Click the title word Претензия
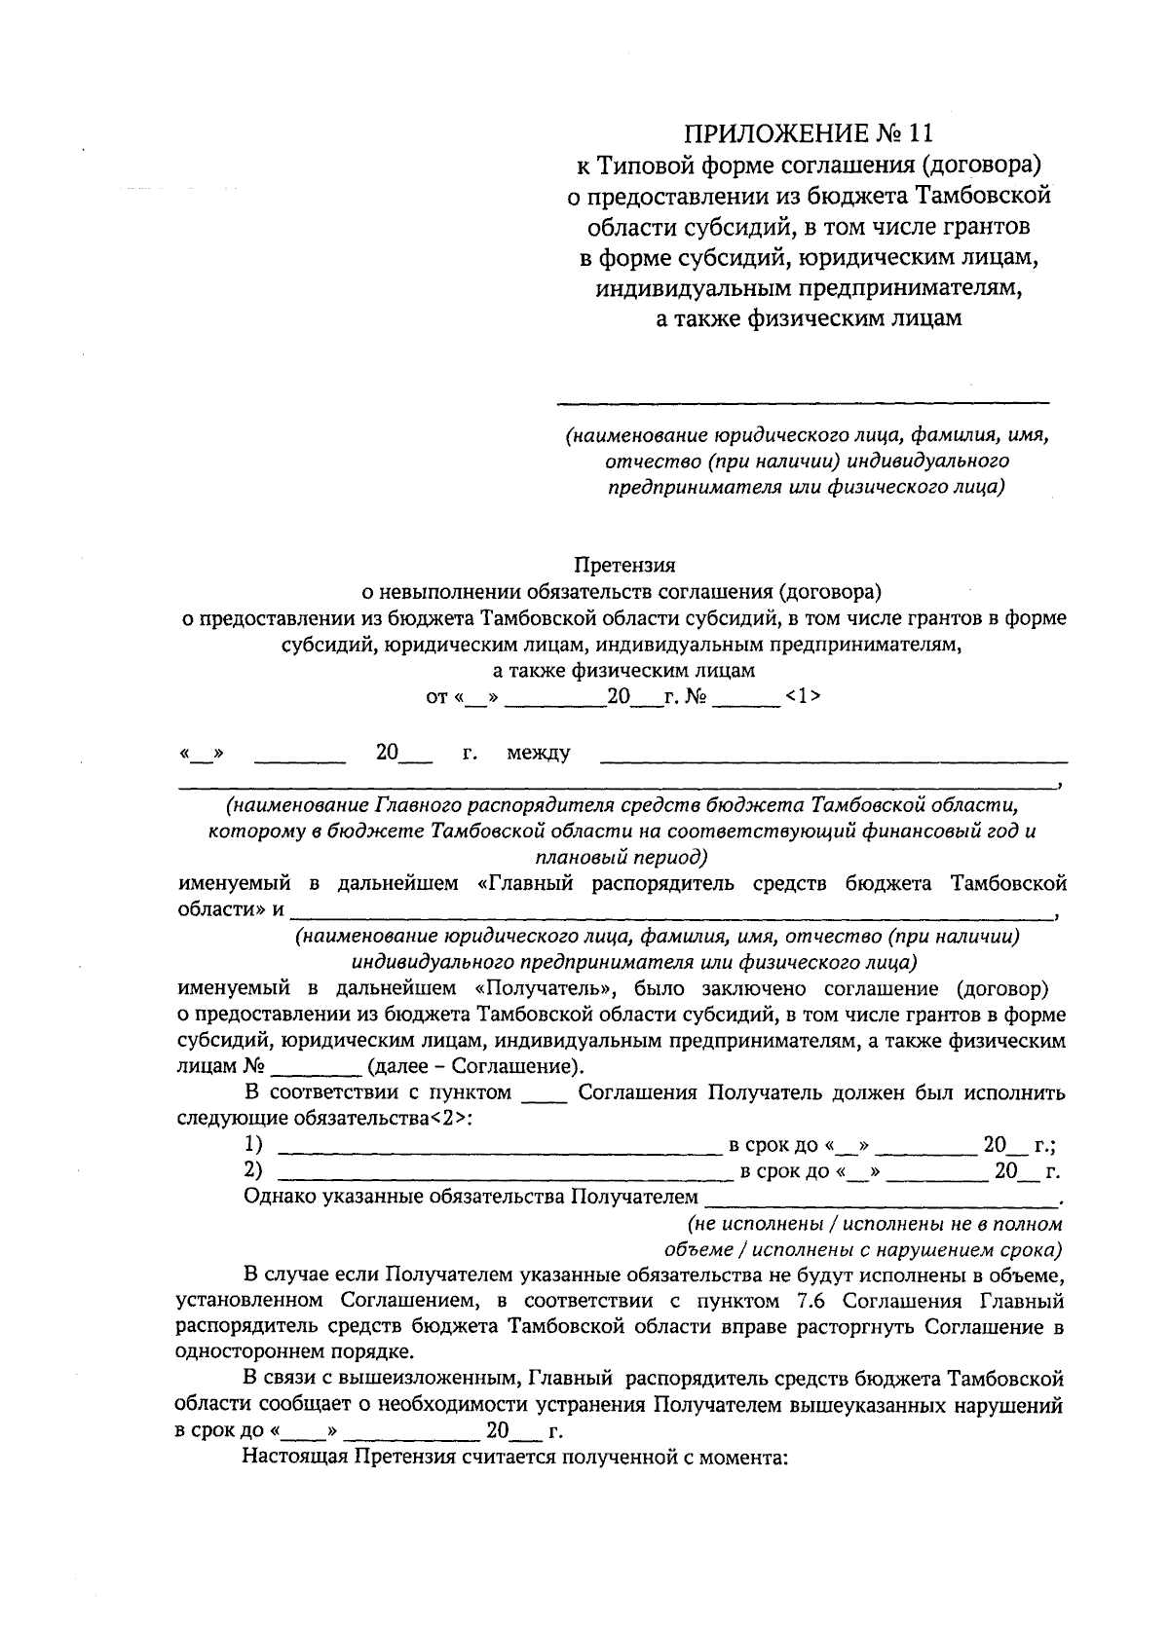(x=624, y=564)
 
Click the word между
(x=538, y=753)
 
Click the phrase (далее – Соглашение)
(x=474, y=1066)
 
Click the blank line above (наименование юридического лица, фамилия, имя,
(x=802, y=400)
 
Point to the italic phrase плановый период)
(x=622, y=858)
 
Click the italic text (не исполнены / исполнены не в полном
(x=874, y=1223)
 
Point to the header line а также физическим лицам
(x=808, y=318)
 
